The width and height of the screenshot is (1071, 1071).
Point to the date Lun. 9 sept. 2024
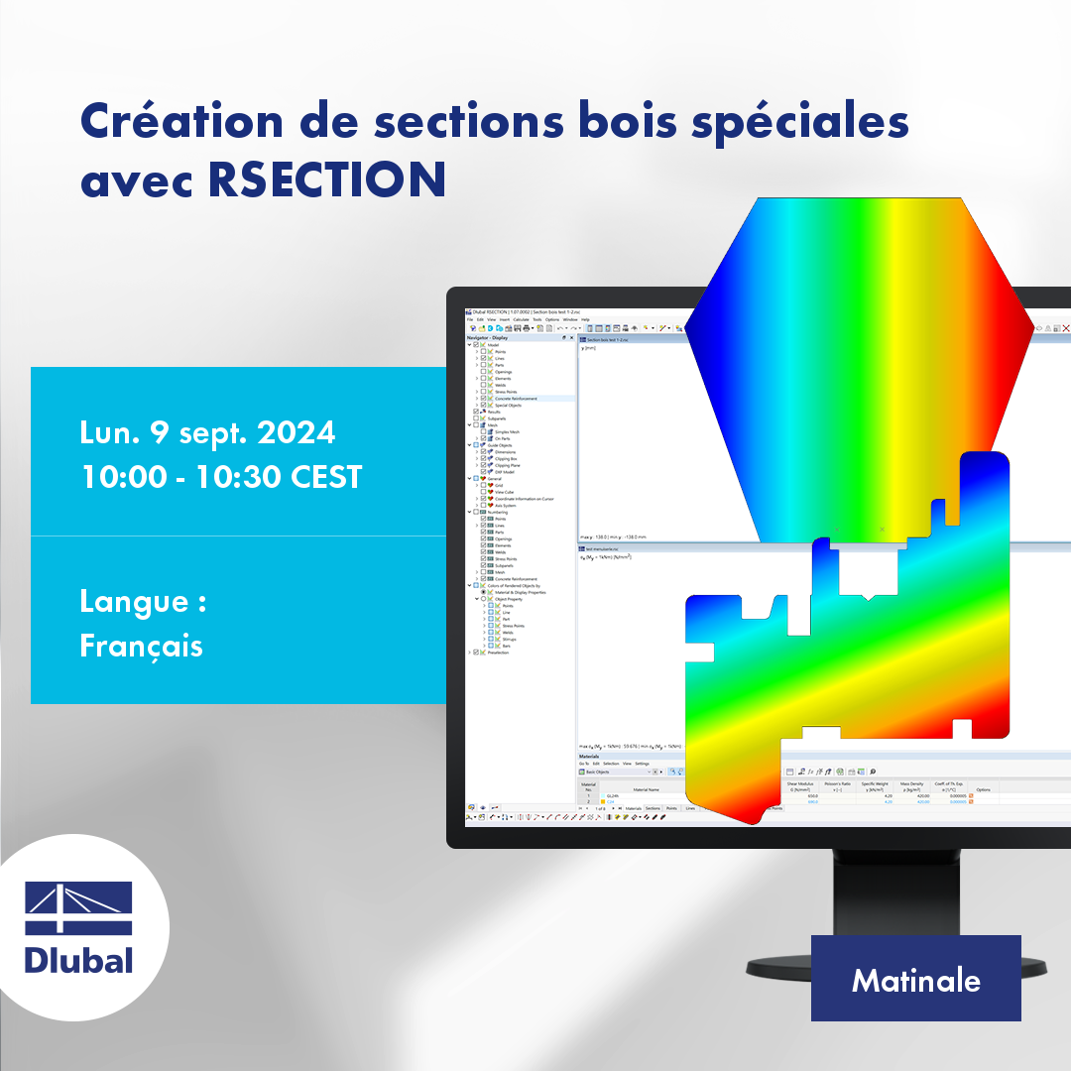(207, 432)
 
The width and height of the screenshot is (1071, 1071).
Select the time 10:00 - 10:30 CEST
(221, 476)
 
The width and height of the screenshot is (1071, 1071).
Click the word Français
(141, 646)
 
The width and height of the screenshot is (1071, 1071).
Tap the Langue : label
(143, 601)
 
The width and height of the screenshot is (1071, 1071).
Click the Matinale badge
(915, 980)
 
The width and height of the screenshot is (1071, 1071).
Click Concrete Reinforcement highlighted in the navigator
(516, 398)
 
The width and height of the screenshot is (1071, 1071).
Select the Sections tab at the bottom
(653, 808)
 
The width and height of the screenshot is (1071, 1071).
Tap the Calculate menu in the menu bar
(521, 319)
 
